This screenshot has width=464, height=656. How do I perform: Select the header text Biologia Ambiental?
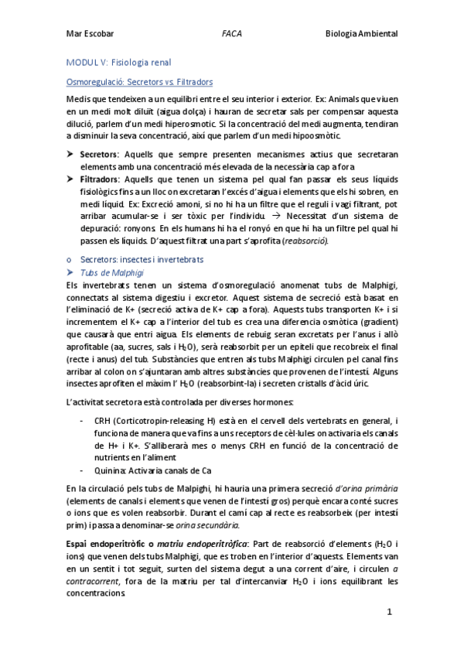tap(360, 34)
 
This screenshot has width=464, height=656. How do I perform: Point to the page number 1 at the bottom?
tap(391, 611)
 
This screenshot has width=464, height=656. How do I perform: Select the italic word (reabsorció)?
tap(305, 241)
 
